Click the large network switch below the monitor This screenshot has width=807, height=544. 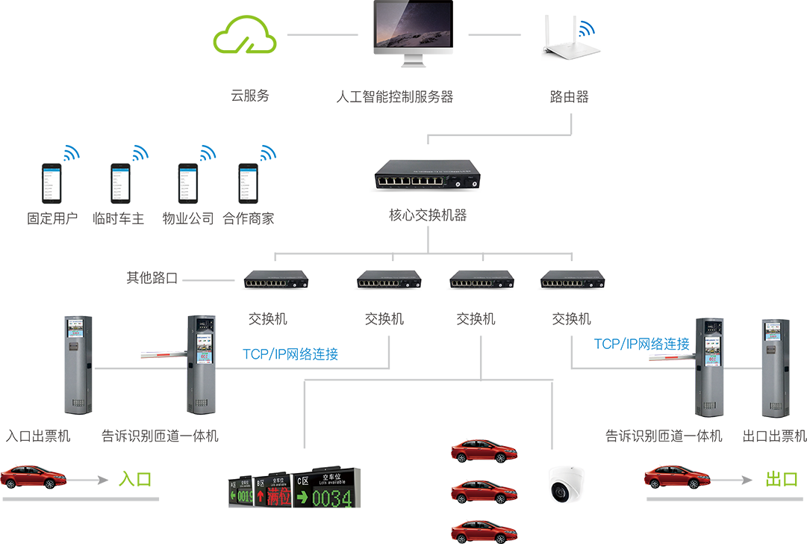coord(427,180)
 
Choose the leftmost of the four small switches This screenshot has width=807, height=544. coord(276,281)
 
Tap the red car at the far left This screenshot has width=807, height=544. coord(34,477)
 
